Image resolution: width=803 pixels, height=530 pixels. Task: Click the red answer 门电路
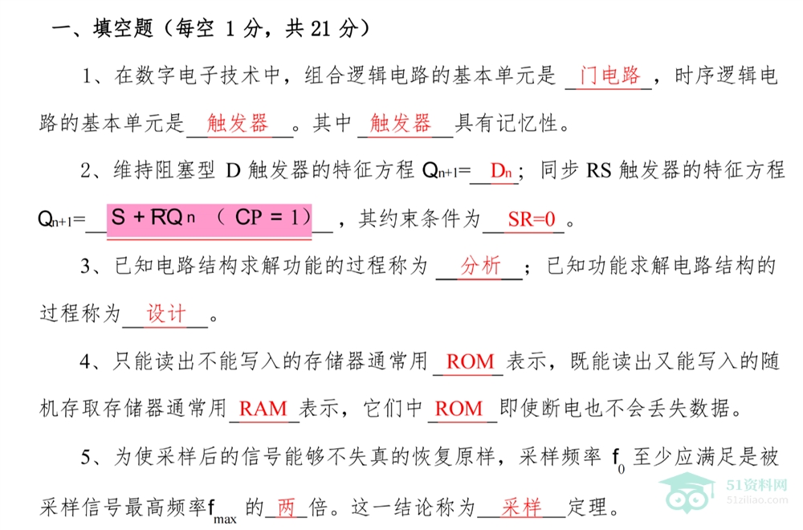[609, 75]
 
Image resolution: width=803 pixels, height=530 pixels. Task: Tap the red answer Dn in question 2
[501, 170]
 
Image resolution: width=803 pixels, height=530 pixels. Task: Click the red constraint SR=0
[531, 219]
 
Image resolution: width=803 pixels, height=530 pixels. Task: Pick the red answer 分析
[480, 266]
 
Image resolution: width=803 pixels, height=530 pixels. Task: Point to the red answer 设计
[166, 313]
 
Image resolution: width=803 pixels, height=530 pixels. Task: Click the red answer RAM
[263, 409]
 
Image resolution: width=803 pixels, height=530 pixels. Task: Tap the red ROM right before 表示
[470, 361]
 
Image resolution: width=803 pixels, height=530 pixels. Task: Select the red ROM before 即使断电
[459, 409]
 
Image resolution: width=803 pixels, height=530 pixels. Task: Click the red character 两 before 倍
[287, 508]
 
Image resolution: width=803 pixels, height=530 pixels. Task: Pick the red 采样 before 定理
[521, 508]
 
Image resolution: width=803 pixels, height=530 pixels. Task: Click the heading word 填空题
[123, 28]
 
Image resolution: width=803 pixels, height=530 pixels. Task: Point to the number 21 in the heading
[320, 29]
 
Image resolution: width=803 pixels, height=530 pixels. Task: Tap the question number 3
[86, 267]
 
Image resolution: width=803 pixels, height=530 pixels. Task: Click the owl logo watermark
[687, 492]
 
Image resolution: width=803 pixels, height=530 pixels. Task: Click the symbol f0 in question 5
[618, 460]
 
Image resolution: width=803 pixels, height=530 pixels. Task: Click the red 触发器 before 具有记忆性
[400, 123]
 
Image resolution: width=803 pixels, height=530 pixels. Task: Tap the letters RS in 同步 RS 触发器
[599, 170]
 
